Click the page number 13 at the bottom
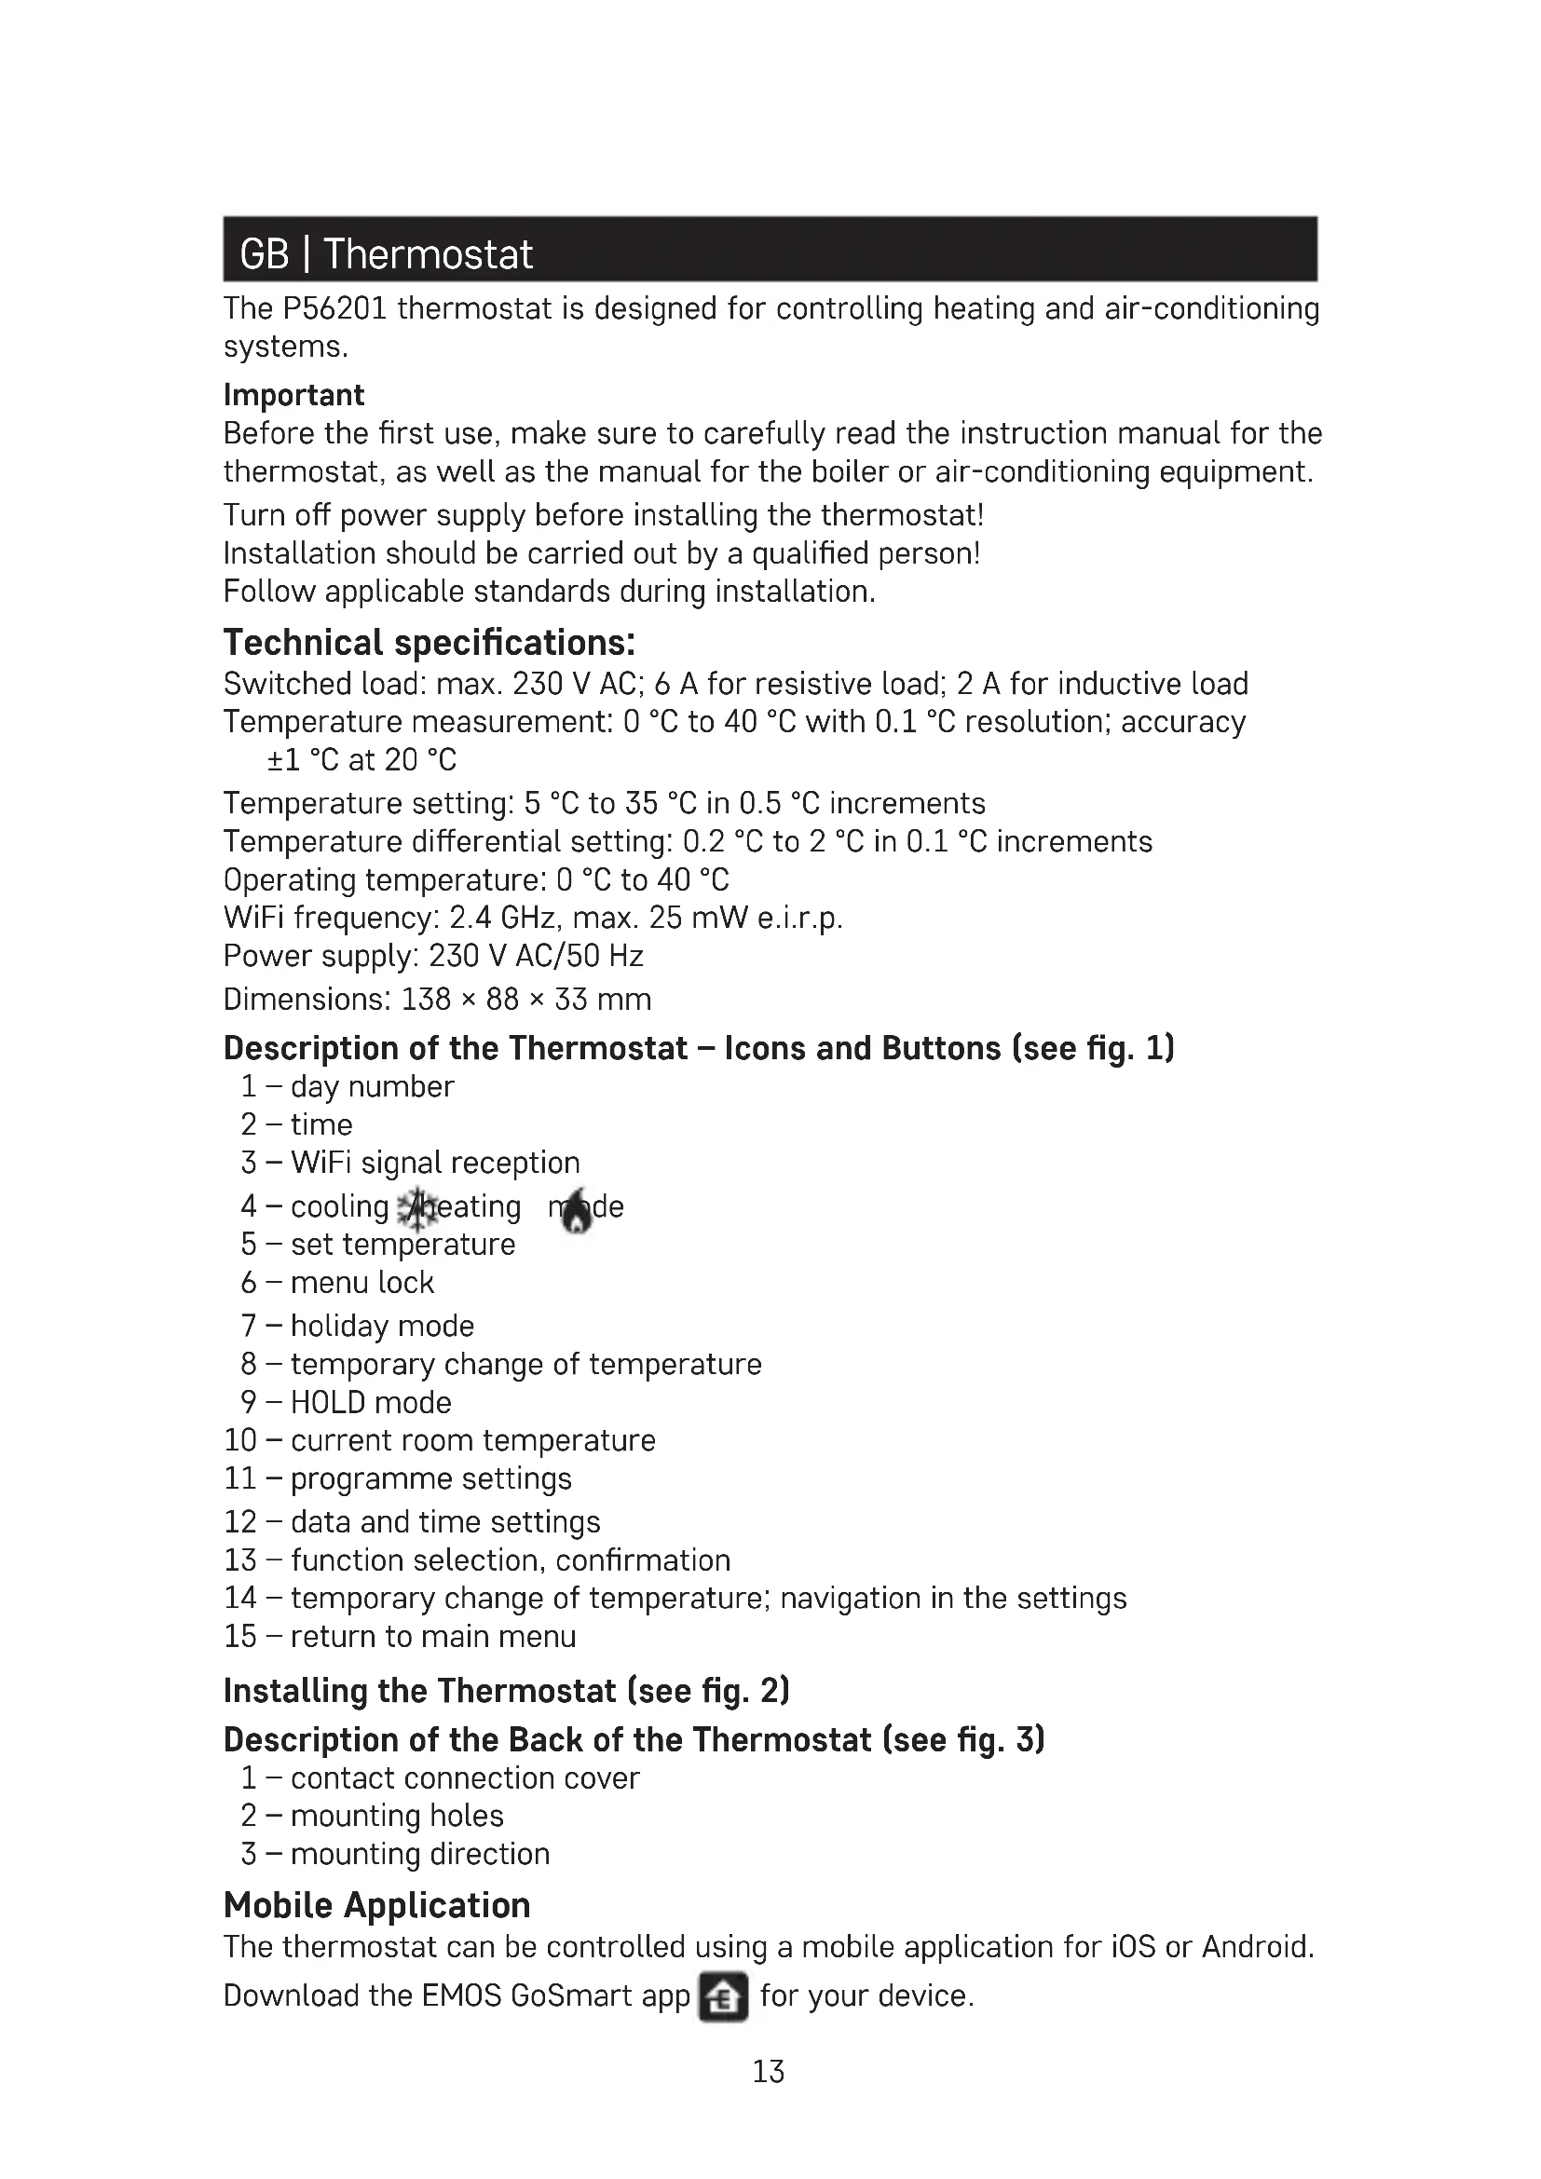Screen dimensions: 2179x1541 click(x=768, y=2071)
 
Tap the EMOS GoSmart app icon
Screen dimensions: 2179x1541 click(x=723, y=1996)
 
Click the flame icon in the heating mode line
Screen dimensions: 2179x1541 click(x=576, y=1211)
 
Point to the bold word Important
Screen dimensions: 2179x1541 click(x=293, y=395)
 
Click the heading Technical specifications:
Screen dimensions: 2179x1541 click(x=429, y=643)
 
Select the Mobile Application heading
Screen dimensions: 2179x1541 click(x=376, y=1906)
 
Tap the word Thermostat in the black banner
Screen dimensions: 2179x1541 click(x=428, y=254)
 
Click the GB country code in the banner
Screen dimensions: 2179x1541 click(x=264, y=254)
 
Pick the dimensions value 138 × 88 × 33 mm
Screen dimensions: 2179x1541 click(x=525, y=1000)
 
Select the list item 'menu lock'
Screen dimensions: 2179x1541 click(x=361, y=1283)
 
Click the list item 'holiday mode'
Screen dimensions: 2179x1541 click(x=381, y=1326)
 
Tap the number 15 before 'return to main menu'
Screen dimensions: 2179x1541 click(x=240, y=1636)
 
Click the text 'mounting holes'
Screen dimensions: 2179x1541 click(x=397, y=1816)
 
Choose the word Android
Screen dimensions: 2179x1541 click(x=1257, y=1947)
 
